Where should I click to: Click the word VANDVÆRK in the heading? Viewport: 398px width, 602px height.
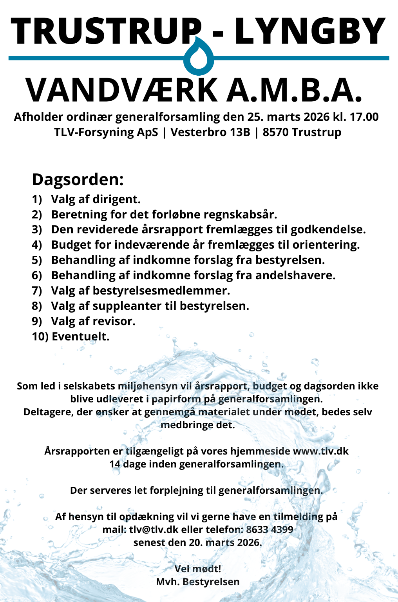tap(121, 90)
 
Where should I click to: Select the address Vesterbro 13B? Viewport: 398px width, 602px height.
tap(210, 132)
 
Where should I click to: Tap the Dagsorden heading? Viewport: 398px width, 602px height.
tap(78, 180)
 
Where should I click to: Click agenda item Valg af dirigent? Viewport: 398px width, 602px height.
tap(96, 199)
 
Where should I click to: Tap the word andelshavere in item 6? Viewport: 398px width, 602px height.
tap(295, 275)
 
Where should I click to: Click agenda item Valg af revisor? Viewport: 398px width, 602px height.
tap(93, 321)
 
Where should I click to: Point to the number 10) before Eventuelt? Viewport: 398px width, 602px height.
tap(40, 336)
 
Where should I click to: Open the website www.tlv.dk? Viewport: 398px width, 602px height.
tap(320, 451)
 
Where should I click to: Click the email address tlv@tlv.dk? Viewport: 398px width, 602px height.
tap(154, 529)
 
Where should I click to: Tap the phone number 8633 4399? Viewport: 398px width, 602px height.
tap(270, 529)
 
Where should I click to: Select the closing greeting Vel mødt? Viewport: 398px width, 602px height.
tap(198, 569)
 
